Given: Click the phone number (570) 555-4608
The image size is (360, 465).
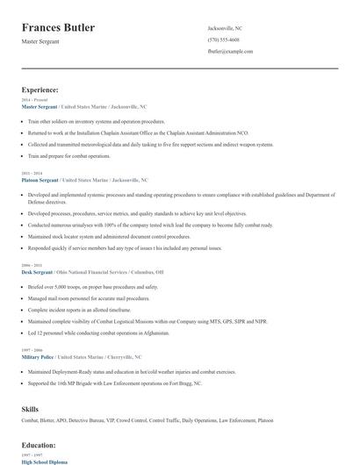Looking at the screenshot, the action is pyautogui.click(x=223, y=40).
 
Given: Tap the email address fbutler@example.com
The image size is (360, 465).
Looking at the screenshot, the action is pyautogui.click(x=231, y=52).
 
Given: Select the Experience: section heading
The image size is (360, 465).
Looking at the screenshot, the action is pyautogui.click(x=40, y=89).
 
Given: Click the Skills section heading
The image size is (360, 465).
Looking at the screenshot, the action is pyautogui.click(x=31, y=409).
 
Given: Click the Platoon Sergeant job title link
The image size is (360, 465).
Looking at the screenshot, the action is pyautogui.click(x=40, y=179).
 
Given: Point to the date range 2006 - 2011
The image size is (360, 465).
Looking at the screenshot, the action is pyautogui.click(x=30, y=265).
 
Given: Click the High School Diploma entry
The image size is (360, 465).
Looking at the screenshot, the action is pyautogui.click(x=44, y=461).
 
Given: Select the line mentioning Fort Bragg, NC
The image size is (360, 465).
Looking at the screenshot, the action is pyautogui.click(x=114, y=383).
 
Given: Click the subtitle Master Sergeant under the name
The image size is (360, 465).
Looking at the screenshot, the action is pyautogui.click(x=41, y=43).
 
